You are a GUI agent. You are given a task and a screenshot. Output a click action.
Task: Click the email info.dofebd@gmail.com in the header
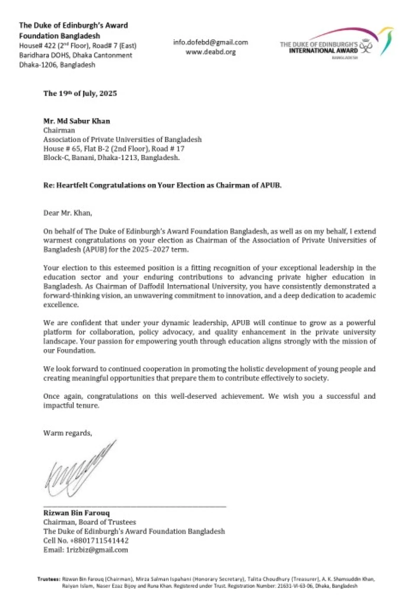tap(210, 42)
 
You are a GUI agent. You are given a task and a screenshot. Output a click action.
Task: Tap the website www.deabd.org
tap(210, 52)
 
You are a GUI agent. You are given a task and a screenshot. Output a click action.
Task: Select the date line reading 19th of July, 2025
tap(80, 93)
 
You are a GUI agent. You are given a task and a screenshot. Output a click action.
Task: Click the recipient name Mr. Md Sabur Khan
tap(77, 121)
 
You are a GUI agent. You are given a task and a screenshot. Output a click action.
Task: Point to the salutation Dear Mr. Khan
tap(67, 213)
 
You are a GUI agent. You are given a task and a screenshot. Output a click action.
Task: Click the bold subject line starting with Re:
tap(162, 185)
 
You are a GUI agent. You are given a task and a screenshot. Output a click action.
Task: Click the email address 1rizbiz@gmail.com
tap(97, 550)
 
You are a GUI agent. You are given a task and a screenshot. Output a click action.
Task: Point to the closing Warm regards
tap(67, 433)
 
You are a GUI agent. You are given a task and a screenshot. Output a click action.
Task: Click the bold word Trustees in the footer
tap(48, 579)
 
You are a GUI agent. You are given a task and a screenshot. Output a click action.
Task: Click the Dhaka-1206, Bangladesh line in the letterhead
tap(57, 65)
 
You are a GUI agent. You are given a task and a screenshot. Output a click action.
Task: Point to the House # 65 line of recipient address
tap(114, 149)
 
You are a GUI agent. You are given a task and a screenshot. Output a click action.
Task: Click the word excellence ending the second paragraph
tap(61, 305)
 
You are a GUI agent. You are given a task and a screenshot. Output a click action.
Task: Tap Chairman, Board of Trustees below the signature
tap(90, 522)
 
